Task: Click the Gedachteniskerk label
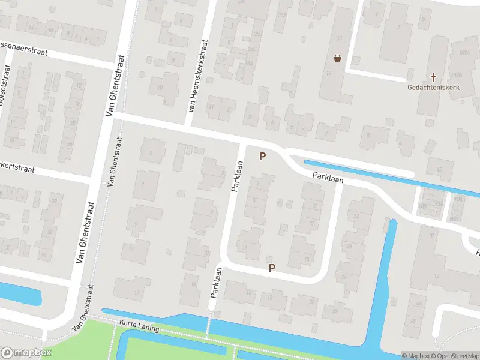pos(434,87)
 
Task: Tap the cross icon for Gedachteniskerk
pos(433,77)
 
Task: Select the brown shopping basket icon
pos(338,58)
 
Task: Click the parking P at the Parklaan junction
pos(262,157)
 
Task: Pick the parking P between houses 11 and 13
pos(272,268)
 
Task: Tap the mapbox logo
pos(26,353)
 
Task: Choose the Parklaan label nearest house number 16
pos(215,282)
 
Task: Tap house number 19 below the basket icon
pos(329,74)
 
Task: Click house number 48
pos(413,322)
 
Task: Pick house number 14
pos(31,28)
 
